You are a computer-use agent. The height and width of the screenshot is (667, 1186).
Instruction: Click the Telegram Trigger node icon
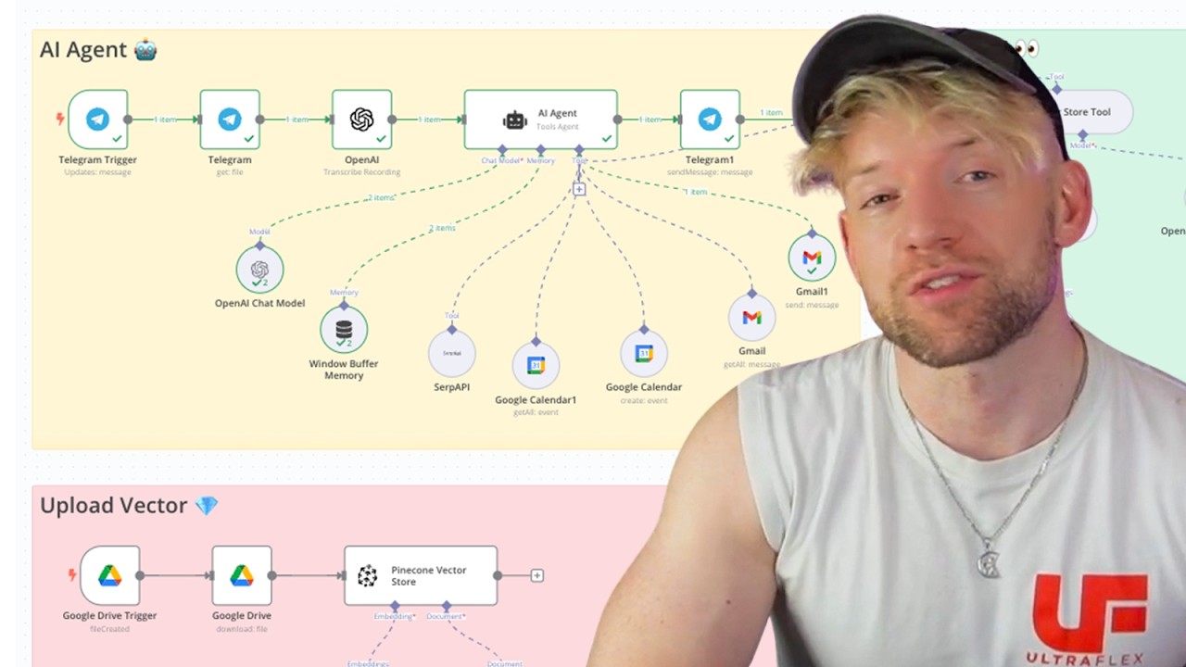pos(97,120)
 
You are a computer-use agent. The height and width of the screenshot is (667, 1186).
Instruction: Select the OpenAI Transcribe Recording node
pos(361,120)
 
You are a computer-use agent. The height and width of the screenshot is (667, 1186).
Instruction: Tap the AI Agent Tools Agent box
pos(540,120)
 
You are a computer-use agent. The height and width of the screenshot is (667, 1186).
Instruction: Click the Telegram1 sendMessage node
pos(710,120)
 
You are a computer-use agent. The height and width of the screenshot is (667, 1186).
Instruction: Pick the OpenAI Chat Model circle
pos(259,270)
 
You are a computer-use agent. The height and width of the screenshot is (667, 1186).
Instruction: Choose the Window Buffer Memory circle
pos(344,330)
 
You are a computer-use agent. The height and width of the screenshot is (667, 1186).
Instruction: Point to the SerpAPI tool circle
pos(452,353)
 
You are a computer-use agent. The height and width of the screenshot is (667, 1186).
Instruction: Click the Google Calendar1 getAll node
pos(536,365)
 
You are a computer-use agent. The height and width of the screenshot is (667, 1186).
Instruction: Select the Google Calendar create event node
pos(644,354)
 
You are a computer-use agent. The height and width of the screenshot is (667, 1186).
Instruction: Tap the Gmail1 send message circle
pos(812,258)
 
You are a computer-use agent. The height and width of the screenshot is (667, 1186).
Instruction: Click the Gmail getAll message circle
pos(751,318)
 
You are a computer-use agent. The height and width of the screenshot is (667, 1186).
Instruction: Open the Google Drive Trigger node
pos(109,575)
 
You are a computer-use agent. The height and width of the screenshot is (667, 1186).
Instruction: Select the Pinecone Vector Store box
pos(421,575)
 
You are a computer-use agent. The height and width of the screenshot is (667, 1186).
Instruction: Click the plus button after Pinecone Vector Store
pos(536,575)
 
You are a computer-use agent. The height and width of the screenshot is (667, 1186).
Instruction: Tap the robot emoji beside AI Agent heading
pos(145,49)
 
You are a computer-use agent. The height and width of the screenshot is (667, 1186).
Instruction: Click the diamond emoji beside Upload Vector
pos(207,505)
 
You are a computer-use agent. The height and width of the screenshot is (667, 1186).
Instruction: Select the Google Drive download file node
pos(242,575)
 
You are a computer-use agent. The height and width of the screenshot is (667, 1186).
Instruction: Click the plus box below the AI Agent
pos(579,189)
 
